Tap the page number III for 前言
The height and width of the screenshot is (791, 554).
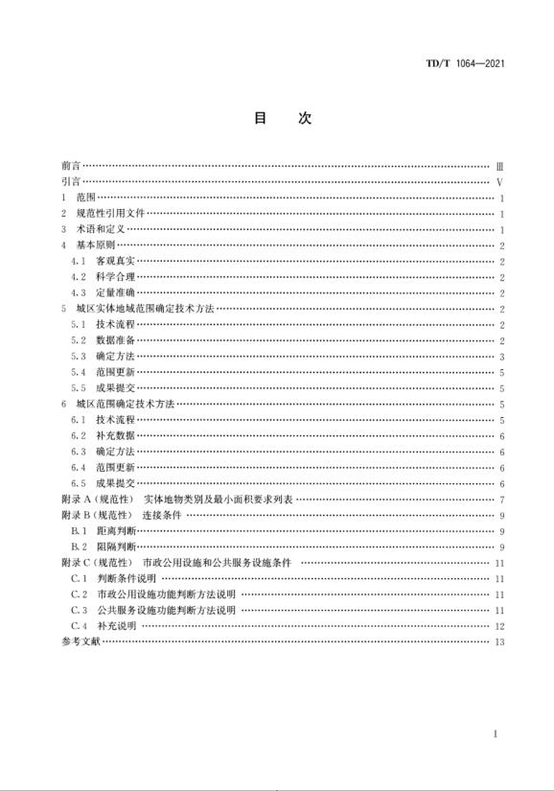click(499, 166)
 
